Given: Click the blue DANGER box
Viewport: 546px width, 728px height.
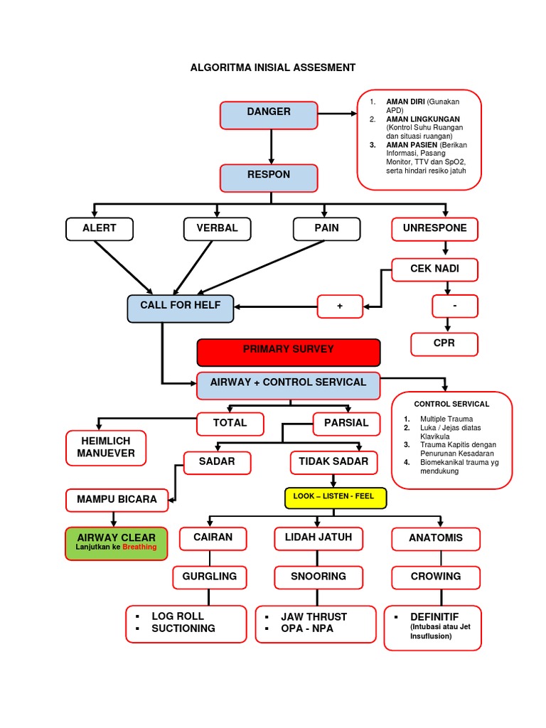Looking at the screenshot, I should click(269, 115).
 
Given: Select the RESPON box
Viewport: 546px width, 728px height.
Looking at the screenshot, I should click(269, 178).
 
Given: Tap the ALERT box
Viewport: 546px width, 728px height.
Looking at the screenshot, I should click(99, 229).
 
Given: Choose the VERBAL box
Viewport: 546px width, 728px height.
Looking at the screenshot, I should click(212, 229).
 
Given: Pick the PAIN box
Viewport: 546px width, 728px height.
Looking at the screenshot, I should click(326, 229).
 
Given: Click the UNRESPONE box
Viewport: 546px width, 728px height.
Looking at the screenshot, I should click(435, 229).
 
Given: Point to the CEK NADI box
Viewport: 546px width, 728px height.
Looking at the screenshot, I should click(435, 269).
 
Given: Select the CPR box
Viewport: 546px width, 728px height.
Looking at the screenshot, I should click(444, 344).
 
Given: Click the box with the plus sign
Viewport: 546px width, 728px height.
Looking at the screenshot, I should click(340, 306).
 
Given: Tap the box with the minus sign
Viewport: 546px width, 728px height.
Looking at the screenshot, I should click(455, 306).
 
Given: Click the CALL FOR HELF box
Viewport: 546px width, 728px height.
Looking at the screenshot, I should click(181, 308).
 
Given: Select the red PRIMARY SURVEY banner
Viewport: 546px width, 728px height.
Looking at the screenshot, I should click(288, 352).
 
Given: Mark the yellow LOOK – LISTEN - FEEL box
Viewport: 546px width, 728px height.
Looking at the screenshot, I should click(336, 498).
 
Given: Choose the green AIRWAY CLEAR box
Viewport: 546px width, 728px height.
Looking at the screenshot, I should click(116, 544).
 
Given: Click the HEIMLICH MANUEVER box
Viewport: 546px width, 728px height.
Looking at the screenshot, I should click(106, 448).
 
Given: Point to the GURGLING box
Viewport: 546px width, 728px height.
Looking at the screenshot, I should click(209, 577).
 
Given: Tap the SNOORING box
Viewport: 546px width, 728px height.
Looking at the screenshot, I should click(318, 577).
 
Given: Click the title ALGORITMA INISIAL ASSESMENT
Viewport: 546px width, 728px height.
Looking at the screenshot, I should click(273, 68).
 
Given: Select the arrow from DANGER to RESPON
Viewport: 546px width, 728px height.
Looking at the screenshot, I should click(271, 147).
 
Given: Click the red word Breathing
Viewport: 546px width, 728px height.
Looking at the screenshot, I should click(139, 548).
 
